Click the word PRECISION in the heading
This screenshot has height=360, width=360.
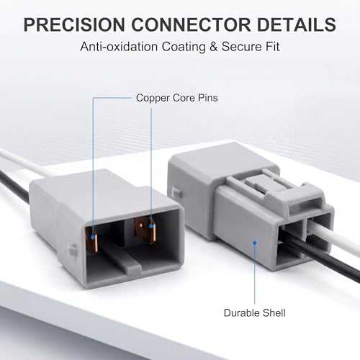tap(74, 24)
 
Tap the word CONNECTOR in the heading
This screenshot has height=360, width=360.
tap(191, 24)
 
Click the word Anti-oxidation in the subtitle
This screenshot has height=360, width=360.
tap(119, 46)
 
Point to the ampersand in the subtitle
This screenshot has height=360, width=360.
tap(213, 47)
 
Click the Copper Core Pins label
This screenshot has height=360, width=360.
tap(177, 98)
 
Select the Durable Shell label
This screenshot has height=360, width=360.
tap(255, 313)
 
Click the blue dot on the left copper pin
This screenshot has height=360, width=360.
tap(93, 238)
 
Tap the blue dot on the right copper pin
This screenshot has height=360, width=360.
tap(151, 226)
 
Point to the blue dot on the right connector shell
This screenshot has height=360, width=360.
tap(255, 243)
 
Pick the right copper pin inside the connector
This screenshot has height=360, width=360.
tap(145, 230)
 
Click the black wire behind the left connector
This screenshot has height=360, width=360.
tap(14, 185)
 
